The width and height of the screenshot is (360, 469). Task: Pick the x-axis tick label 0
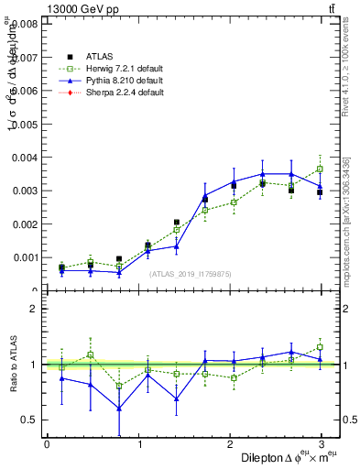point(47,444)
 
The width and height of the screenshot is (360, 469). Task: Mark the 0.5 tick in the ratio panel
point(30,420)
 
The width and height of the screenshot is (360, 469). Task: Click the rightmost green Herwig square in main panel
point(320,169)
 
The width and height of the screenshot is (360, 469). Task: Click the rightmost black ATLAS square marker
point(320,192)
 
